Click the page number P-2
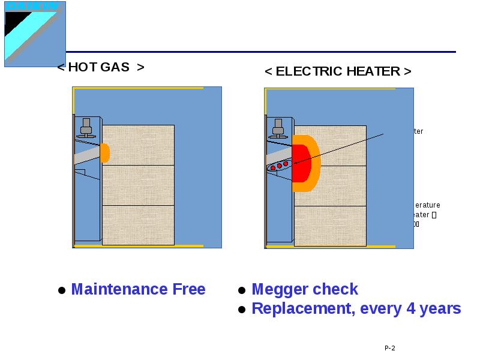(390, 349)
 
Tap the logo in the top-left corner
(35, 33)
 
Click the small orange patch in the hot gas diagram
(105, 153)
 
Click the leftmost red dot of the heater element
(273, 167)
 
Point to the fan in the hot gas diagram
(86, 128)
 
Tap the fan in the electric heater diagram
(278, 128)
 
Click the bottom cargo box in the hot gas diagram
(138, 225)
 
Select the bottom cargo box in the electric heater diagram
(330, 226)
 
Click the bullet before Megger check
(242, 291)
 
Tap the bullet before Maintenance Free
(61, 291)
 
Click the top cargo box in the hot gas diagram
(138, 145)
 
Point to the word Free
(189, 290)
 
